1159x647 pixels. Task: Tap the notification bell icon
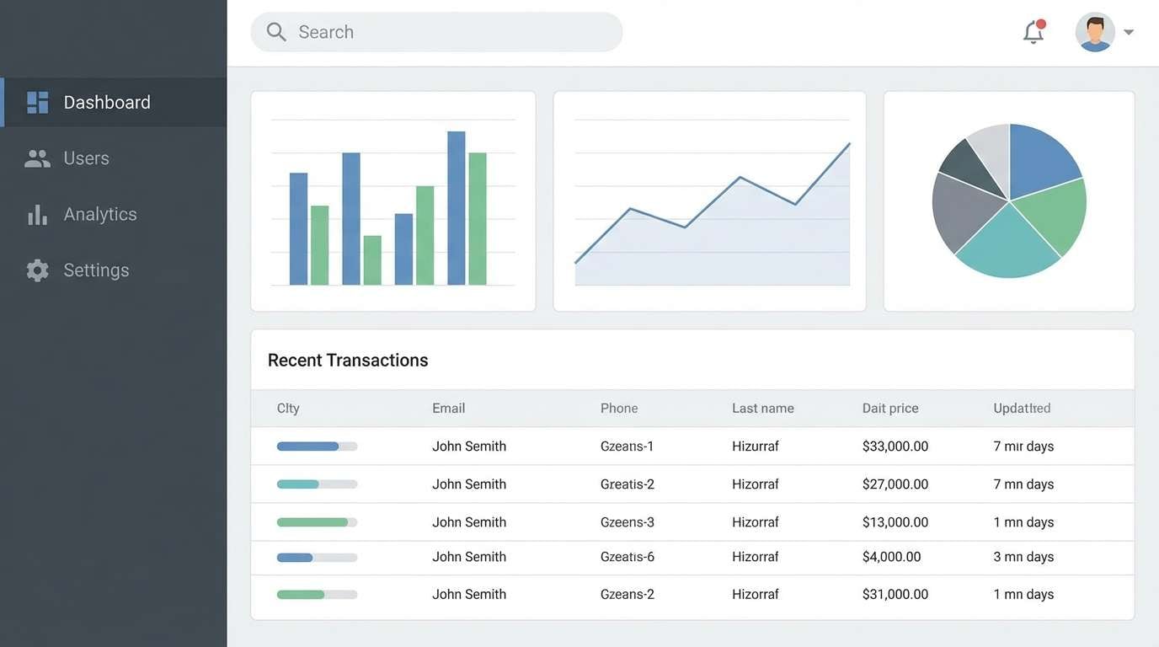(1033, 32)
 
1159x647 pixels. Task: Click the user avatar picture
(1095, 32)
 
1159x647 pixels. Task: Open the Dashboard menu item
(106, 102)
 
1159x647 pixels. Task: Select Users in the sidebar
(86, 158)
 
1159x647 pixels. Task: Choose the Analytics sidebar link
(99, 214)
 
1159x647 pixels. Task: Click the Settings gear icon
(37, 270)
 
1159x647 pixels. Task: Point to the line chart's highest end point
(849, 144)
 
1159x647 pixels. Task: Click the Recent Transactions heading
(348, 361)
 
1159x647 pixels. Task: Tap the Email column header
(448, 409)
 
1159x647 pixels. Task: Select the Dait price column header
(890, 409)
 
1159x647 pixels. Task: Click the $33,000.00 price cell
(895, 446)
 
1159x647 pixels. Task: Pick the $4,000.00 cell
(891, 557)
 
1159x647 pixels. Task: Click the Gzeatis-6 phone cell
(628, 557)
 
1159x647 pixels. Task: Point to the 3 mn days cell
(1023, 557)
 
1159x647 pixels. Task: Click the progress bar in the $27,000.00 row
(317, 484)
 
